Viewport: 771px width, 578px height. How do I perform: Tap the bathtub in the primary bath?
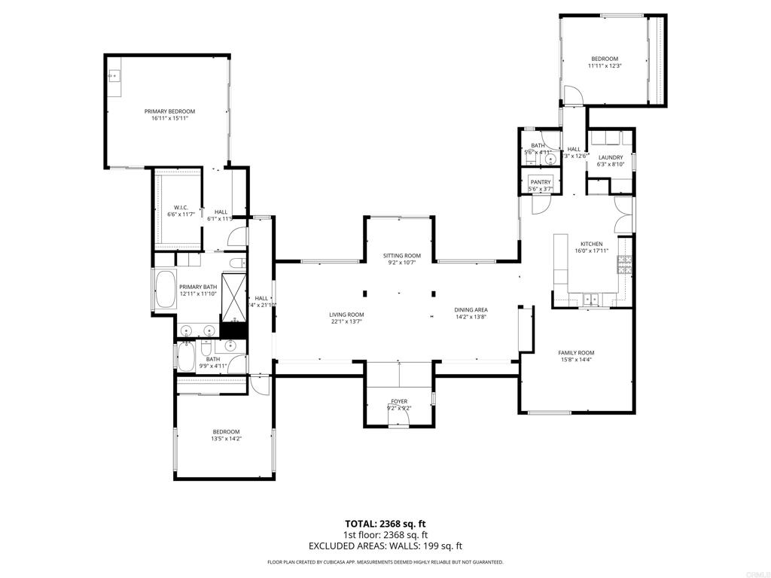point(163,289)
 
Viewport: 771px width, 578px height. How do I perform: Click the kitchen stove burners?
point(624,263)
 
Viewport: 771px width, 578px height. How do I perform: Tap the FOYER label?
point(398,402)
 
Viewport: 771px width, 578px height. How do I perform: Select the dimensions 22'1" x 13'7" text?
point(346,321)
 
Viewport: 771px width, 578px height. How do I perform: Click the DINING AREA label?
point(471,310)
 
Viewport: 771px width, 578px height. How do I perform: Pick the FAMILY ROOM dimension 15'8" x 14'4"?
point(576,360)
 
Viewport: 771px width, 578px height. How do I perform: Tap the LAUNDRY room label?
point(611,157)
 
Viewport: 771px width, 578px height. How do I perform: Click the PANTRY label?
point(541,182)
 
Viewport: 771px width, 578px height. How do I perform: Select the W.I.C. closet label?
point(181,208)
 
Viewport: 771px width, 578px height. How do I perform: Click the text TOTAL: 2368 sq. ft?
point(385,524)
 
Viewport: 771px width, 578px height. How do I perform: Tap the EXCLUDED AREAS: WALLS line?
point(385,546)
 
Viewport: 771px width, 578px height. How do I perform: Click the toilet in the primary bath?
point(236,263)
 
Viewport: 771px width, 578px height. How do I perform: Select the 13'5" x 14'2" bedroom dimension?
point(226,438)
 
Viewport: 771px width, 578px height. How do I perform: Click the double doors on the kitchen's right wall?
point(621,218)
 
